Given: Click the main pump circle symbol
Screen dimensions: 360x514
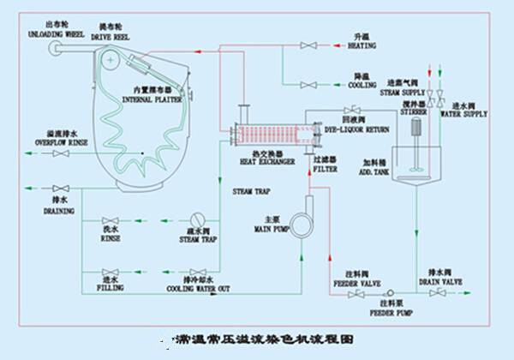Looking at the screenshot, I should click(x=302, y=222).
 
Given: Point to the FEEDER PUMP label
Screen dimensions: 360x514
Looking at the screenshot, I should click(x=391, y=314).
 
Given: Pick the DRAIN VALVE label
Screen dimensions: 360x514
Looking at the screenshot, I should click(x=440, y=281).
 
